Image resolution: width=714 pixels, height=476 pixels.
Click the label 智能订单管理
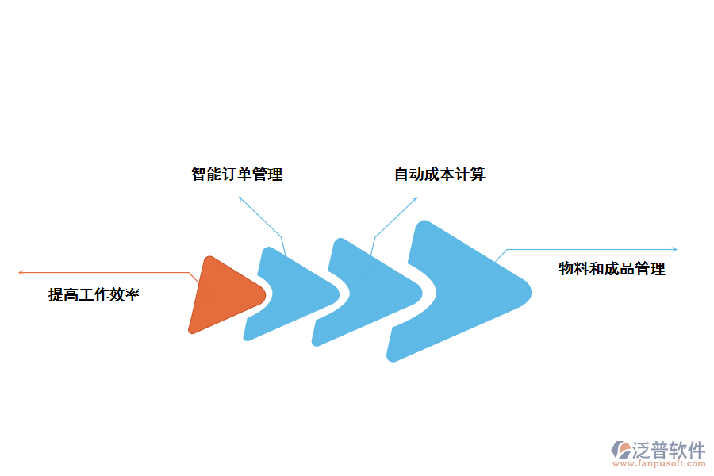point(236,175)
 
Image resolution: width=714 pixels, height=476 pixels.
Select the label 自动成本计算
point(440,175)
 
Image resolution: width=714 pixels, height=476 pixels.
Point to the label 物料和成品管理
point(612,269)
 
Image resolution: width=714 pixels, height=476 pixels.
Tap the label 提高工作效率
point(94,295)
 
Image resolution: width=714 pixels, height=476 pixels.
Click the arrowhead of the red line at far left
point(20,273)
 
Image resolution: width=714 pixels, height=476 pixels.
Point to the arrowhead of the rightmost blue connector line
point(675,249)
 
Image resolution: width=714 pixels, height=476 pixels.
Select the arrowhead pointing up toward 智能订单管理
point(240,198)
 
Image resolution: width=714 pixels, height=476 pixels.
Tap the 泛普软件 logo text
point(669,451)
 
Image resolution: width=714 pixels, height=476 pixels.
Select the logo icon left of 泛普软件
point(620,451)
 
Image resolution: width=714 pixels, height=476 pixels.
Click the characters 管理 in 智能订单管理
point(267,175)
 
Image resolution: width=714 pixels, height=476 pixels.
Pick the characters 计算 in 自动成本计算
point(470,175)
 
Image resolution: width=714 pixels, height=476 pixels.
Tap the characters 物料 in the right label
point(573,269)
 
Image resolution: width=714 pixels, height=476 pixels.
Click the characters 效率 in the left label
point(125,295)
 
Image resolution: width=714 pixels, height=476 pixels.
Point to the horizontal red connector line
point(103,273)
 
